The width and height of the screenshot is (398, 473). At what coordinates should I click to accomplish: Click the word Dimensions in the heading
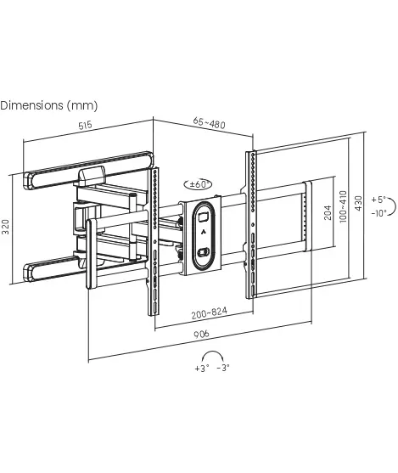coord(31,105)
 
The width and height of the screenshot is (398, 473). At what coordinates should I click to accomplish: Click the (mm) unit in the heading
coord(82,106)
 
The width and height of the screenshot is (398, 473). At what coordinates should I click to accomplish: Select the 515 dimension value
coord(85,125)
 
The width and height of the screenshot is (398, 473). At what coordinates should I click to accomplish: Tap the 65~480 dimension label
coord(209,123)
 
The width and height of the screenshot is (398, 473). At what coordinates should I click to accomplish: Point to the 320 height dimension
coord(6,227)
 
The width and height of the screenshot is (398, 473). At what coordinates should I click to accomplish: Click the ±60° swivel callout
coord(198,184)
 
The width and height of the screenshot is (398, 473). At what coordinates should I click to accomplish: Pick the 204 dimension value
coord(328,212)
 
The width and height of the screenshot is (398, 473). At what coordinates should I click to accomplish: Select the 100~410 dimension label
coord(343,206)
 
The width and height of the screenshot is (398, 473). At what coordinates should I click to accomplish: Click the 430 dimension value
coord(358,203)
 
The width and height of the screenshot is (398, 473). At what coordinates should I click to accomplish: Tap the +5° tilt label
coord(378,200)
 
